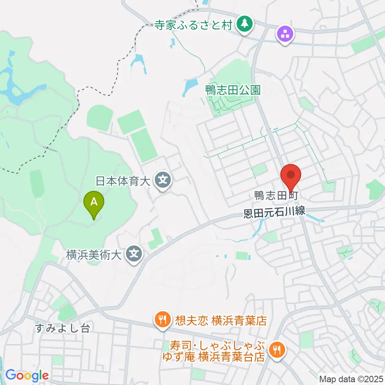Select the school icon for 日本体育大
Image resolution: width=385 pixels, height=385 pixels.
point(163,179)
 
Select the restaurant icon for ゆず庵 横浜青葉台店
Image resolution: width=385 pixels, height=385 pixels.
point(276,349)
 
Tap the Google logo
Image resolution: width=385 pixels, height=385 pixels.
point(27,376)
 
